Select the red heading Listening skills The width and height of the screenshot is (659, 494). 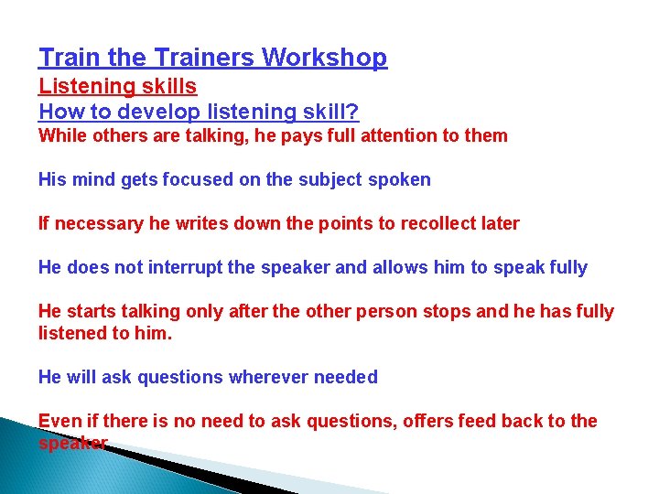[117, 87]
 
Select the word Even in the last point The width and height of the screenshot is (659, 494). [57, 422]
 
